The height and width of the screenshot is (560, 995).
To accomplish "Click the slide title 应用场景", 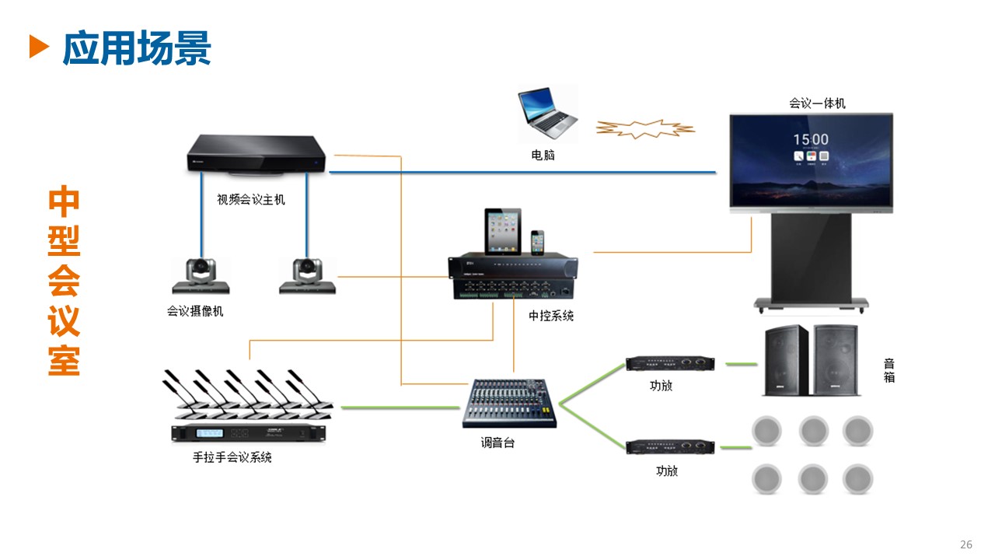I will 137,48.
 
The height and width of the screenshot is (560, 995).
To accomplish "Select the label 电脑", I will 543,156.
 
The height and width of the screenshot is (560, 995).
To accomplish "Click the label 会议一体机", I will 817,103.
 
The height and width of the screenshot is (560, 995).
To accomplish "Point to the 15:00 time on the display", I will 811,140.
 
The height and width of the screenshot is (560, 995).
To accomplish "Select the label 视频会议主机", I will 250,200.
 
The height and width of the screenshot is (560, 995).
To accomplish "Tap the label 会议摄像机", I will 195,311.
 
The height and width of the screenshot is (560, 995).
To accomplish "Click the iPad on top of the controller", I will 503,231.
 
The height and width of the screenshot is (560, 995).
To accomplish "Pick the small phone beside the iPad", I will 538,242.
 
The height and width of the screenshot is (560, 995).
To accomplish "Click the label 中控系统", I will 551,316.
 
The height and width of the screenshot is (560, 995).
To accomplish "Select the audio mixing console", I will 511,404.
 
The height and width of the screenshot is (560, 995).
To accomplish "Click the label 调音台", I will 497,443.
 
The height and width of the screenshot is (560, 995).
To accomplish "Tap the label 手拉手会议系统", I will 232,457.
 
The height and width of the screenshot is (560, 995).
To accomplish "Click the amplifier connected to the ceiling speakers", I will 671,446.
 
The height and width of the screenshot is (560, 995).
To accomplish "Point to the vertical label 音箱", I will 889,370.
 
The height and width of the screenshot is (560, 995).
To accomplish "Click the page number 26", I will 966,544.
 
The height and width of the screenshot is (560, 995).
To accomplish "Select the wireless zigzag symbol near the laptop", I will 644,129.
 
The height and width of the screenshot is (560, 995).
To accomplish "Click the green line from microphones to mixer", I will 400,407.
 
